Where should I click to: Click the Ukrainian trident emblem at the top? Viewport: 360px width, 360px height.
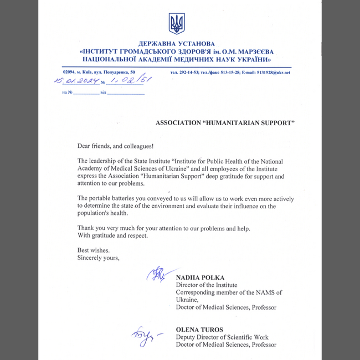(177, 24)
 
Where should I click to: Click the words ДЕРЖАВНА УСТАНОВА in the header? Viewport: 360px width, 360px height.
(177, 44)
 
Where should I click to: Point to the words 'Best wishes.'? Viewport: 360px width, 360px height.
(90, 250)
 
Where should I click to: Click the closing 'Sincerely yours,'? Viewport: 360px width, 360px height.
(99, 258)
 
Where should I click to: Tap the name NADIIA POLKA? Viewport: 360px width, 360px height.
(200, 277)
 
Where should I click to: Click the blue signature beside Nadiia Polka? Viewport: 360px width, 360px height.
(157, 274)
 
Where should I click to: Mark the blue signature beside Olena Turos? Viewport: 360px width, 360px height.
(143, 336)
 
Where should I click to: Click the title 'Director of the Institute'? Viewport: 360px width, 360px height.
(207, 285)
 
